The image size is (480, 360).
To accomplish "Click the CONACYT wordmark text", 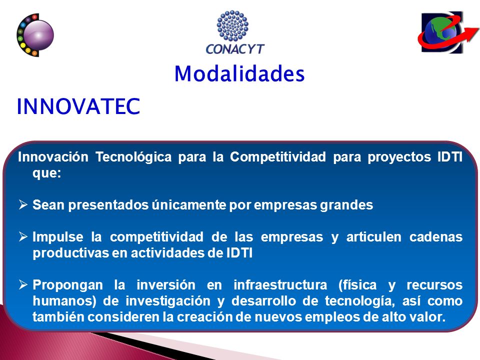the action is [x=235, y=49].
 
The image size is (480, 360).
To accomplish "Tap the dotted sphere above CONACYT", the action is [x=232, y=25].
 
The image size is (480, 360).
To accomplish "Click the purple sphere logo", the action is [x=35, y=35].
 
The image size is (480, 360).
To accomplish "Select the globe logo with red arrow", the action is [x=448, y=32].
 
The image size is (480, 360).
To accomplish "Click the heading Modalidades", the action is [x=239, y=74].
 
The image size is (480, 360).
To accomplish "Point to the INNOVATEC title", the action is [x=78, y=106].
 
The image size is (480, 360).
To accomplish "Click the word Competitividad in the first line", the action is [x=278, y=156].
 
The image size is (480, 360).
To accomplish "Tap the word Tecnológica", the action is [x=133, y=156].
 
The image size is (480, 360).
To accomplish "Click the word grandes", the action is [x=346, y=205].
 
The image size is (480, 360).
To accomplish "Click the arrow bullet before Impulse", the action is [x=23, y=236].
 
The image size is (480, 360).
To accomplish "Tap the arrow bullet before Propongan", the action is [x=23, y=284].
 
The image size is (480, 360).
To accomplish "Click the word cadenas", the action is [x=436, y=237].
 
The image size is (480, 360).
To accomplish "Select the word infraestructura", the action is [x=280, y=285].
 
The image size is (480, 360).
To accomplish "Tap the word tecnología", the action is [x=359, y=301].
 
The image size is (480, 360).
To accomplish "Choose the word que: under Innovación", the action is [x=47, y=173].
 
